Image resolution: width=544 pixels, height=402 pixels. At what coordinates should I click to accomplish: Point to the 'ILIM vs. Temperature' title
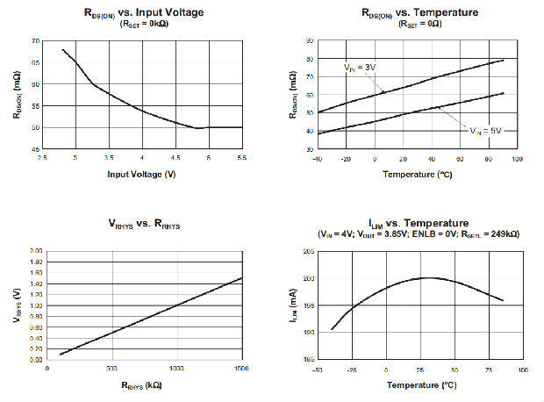(x=406, y=223)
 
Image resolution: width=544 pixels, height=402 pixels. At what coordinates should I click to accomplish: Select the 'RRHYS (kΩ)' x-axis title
(x=142, y=384)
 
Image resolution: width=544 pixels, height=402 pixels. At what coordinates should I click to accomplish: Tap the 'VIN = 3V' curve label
(x=359, y=67)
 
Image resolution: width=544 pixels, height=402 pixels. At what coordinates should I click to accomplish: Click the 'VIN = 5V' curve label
(x=486, y=131)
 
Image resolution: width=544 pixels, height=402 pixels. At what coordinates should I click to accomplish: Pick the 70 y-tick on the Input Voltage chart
(x=35, y=40)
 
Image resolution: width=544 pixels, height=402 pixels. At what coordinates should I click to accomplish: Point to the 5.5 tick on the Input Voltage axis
(x=241, y=158)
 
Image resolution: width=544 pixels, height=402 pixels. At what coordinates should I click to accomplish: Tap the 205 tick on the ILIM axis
(x=308, y=252)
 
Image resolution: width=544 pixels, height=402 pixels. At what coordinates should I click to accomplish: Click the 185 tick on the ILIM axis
(x=308, y=360)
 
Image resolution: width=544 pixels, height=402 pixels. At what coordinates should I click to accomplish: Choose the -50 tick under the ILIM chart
(x=319, y=370)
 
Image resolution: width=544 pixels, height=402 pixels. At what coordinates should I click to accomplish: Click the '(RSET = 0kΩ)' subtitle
(x=142, y=24)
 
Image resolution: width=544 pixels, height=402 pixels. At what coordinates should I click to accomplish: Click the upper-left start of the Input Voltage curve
(x=62, y=49)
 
